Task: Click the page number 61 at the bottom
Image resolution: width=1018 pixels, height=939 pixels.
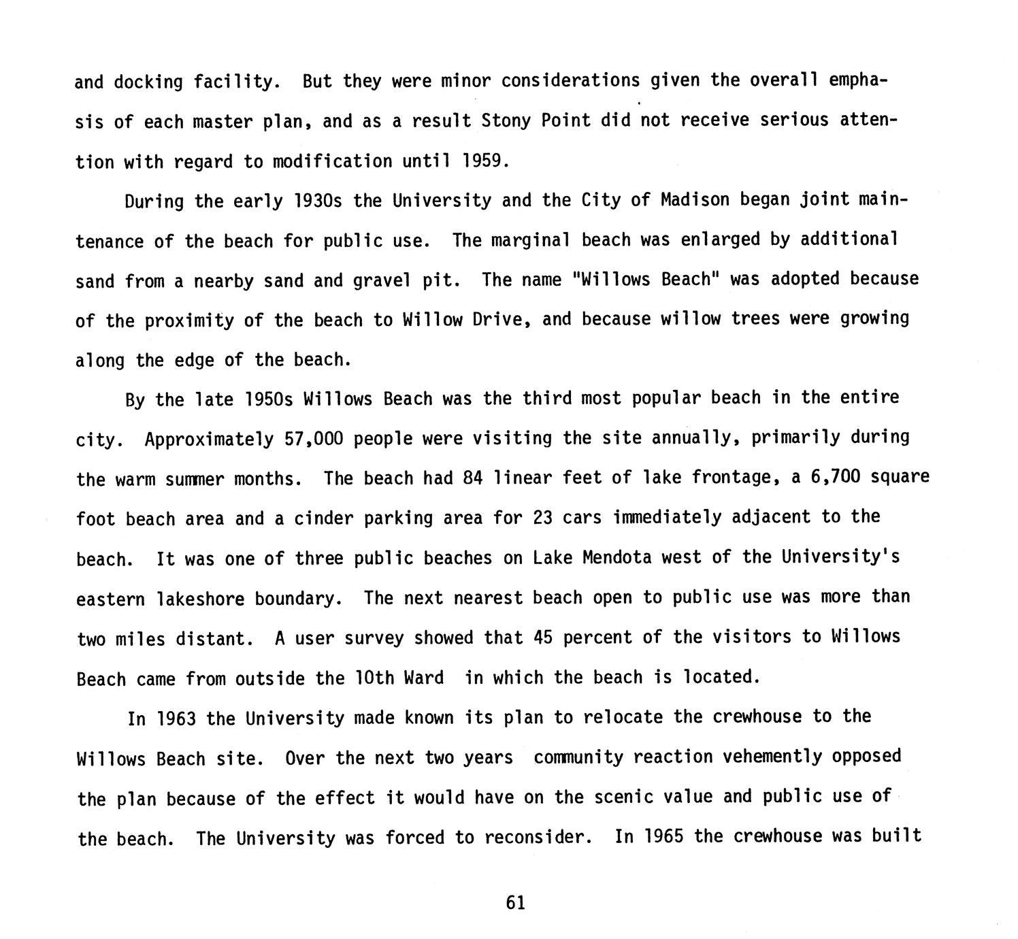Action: click(x=516, y=903)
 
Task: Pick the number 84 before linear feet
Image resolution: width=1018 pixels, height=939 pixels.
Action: click(x=472, y=478)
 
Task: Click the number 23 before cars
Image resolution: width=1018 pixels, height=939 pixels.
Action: click(x=542, y=518)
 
